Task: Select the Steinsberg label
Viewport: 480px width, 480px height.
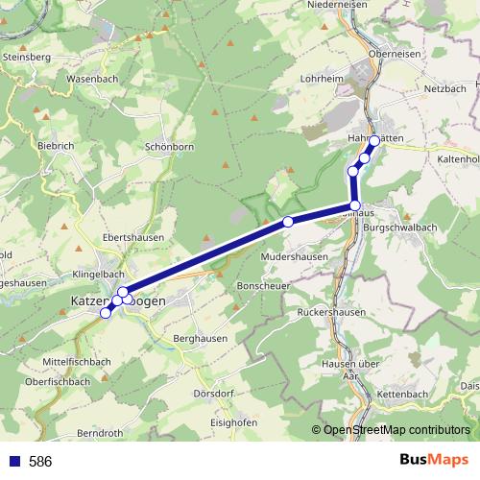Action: pos(27,57)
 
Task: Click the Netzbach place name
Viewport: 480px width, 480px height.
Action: pos(444,88)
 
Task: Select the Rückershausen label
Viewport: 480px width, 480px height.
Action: pos(331,312)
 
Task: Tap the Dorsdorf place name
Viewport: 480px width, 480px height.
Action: pos(213,394)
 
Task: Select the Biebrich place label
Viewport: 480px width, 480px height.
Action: pos(56,145)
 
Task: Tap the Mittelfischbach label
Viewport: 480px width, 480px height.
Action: pos(79,360)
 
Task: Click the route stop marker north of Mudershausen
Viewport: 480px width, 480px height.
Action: pos(288,223)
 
